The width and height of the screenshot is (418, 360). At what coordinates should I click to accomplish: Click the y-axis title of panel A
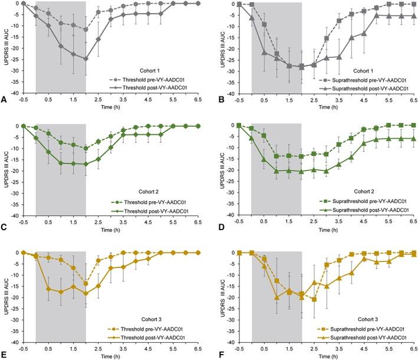pyautogui.click(x=5, y=48)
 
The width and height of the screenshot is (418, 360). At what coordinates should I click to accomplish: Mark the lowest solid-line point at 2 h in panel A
pyautogui.click(x=85, y=58)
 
